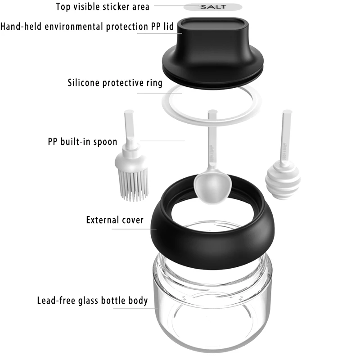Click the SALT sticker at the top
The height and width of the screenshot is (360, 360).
click(x=213, y=7)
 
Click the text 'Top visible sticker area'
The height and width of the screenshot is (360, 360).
click(x=102, y=7)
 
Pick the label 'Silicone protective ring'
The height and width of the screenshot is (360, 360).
click(x=115, y=83)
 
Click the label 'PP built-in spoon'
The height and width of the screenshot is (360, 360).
click(x=82, y=142)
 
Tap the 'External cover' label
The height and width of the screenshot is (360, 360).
click(x=115, y=220)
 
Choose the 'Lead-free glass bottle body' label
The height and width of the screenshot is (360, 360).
click(x=92, y=300)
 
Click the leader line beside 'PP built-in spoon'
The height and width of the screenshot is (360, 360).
click(x=162, y=140)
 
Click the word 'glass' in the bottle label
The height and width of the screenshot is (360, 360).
click(x=88, y=300)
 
